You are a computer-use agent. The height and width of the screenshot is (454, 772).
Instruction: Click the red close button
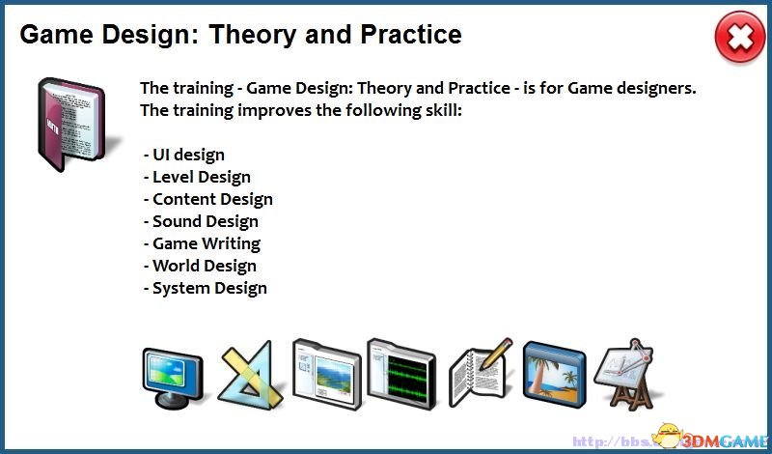coord(739,38)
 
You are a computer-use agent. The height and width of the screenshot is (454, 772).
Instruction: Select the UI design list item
coord(184,155)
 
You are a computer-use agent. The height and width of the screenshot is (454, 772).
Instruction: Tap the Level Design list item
coord(197,177)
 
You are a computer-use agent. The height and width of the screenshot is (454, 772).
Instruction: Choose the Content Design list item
coord(207,199)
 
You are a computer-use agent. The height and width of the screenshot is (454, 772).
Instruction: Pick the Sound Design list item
coord(201,221)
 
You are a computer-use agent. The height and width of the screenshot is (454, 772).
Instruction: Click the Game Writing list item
coord(202,243)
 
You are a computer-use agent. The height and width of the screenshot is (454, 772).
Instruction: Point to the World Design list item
coord(200,266)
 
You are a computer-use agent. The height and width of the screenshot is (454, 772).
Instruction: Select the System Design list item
coord(206,288)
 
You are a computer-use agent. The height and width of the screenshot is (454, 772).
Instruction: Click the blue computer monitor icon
coord(173,377)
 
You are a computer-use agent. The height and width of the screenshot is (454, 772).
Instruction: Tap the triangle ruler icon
coord(250,376)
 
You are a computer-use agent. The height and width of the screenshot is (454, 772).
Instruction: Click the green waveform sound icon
coord(401,374)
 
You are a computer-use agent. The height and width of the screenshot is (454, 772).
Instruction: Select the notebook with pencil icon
coord(480,373)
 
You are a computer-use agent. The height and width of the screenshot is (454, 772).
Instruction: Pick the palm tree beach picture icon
coord(554,375)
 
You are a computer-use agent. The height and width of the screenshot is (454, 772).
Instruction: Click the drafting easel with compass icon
coord(624,374)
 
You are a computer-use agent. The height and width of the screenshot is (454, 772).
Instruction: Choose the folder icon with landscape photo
coord(327,374)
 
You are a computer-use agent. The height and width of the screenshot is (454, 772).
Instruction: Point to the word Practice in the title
coord(411,34)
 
